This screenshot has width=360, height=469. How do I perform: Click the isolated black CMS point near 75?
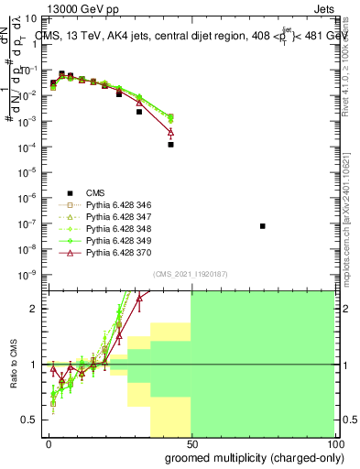pyautogui.click(x=263, y=225)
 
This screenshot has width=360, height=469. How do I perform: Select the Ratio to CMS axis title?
pyautogui.click(x=13, y=365)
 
